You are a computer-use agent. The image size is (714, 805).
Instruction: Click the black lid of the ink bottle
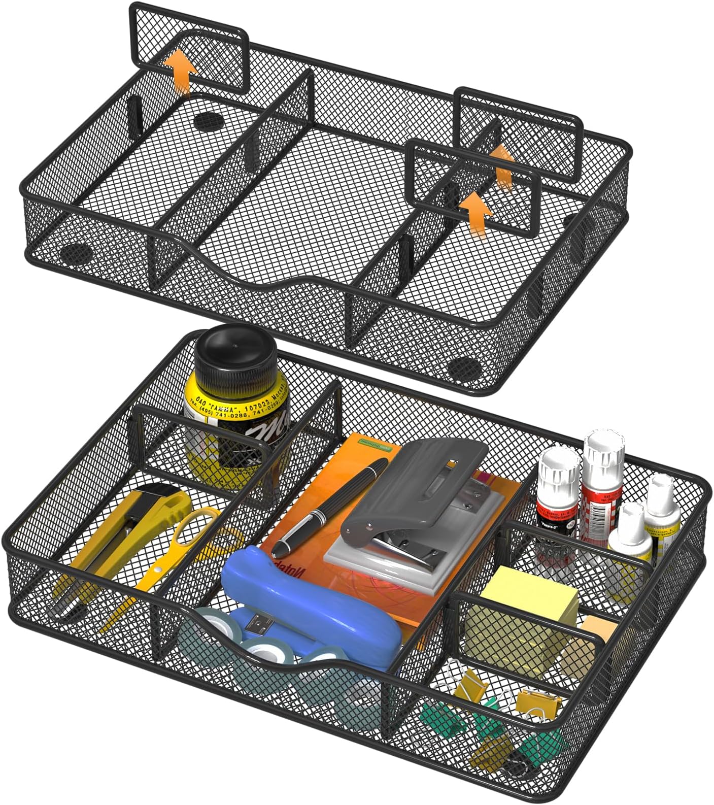click(x=236, y=350)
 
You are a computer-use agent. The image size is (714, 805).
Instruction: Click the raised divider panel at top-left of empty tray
click(x=188, y=48)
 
